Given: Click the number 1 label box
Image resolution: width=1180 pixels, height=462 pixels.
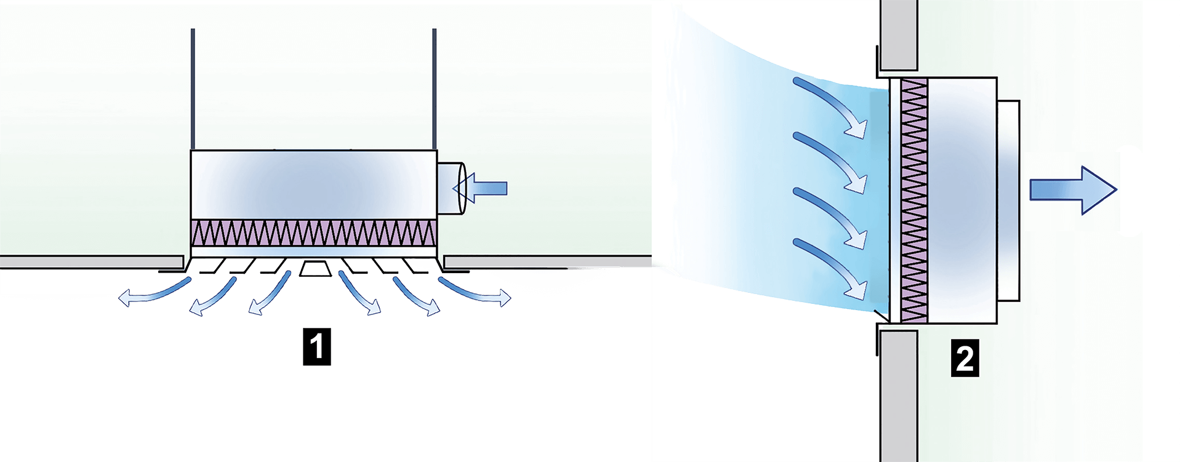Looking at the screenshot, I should pyautogui.click(x=317, y=348).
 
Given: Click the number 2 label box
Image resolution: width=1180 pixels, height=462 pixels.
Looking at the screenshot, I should pyautogui.click(x=964, y=359).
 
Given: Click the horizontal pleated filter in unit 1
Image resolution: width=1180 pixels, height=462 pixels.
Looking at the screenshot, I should pyautogui.click(x=314, y=233).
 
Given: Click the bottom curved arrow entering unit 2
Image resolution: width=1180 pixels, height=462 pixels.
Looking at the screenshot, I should pyautogui.click(x=831, y=265).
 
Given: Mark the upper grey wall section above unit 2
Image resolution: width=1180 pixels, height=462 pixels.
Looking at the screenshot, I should pyautogui.click(x=899, y=34).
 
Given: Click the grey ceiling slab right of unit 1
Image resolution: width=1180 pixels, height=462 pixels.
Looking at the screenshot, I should pyautogui.click(x=548, y=262).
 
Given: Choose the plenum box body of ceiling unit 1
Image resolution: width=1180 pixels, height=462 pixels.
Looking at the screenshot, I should pyautogui.click(x=314, y=185).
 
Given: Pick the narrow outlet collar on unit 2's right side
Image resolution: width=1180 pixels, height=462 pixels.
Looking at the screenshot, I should pyautogui.click(x=1009, y=200).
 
